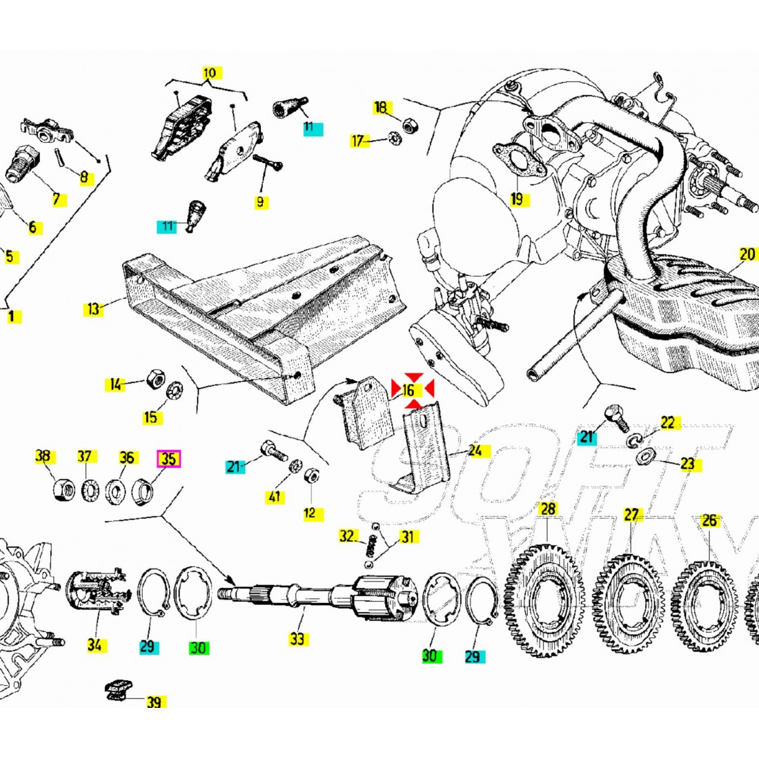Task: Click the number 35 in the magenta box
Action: (168, 458)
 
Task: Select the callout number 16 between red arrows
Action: (408, 391)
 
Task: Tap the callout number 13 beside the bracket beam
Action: (94, 308)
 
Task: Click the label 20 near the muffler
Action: (747, 255)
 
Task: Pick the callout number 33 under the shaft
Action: (297, 639)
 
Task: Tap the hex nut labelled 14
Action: (155, 378)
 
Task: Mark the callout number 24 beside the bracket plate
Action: (475, 451)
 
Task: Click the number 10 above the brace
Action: (209, 72)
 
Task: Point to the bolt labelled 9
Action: (268, 164)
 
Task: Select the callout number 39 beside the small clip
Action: (154, 702)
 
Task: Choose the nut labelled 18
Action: (408, 122)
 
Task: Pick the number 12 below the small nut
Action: (310, 513)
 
